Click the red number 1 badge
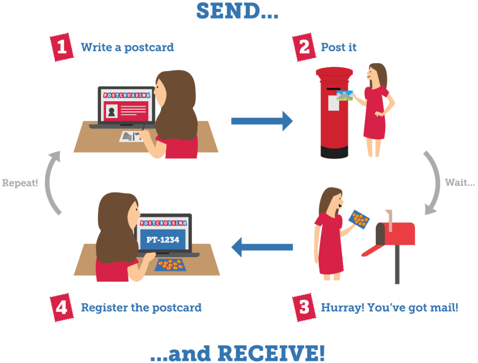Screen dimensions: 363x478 [x=62, y=48]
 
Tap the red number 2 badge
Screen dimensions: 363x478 [x=304, y=48]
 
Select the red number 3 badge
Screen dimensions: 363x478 [x=304, y=307]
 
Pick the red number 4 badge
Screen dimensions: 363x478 [x=62, y=307]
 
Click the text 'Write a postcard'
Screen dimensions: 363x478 [x=127, y=48]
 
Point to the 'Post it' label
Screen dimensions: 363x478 [x=339, y=48]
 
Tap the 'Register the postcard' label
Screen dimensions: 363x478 [x=141, y=308]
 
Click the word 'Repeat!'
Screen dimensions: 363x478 [x=20, y=183]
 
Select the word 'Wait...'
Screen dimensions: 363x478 [x=459, y=182]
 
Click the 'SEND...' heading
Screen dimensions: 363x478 [x=237, y=11]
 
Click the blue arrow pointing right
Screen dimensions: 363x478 [x=261, y=121]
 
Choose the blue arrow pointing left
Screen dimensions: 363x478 [x=262, y=247]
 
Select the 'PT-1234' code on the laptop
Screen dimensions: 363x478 [x=163, y=240]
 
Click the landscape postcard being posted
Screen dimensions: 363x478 [x=345, y=96]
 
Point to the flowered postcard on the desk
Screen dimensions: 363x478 [x=170, y=265]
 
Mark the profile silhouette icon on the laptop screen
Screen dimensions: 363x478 [x=112, y=111]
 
